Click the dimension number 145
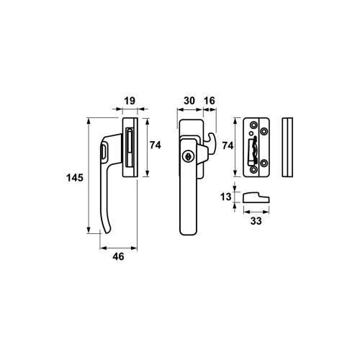tap(75, 178)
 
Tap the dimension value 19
tap(130, 101)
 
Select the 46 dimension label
tap(118, 256)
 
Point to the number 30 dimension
tap(189, 101)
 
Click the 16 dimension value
tap(210, 101)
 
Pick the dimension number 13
tap(225, 197)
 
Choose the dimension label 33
tap(256, 221)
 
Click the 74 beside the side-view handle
tap(156, 145)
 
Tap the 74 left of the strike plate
tap(228, 145)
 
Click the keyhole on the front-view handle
tap(187, 156)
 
